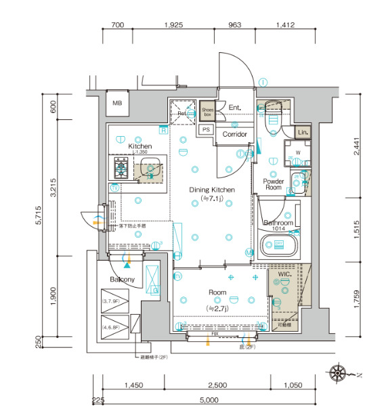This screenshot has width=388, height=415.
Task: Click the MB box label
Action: pos(117,103)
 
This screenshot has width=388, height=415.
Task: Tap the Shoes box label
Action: pos(207,112)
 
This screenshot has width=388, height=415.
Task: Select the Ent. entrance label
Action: pos(235,108)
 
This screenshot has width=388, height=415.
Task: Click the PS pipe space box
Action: pos(207,129)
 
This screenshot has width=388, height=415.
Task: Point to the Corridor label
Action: pos(235,135)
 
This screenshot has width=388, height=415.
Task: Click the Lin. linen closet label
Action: pos(303,132)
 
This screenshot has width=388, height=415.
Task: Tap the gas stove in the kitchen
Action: pos(122,165)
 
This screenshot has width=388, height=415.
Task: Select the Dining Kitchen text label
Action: pos(212,190)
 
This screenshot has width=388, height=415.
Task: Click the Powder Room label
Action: pos(273,183)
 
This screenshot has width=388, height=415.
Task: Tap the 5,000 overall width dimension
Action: pos(209,400)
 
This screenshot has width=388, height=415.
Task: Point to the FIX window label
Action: pos(215,334)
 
